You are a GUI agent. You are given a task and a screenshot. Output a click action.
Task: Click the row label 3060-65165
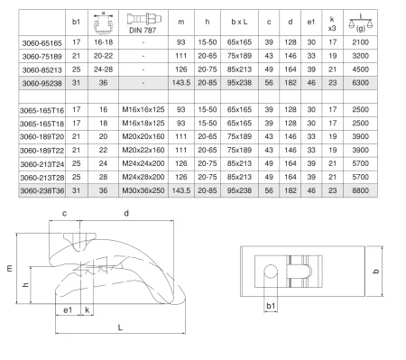click(x=42, y=43)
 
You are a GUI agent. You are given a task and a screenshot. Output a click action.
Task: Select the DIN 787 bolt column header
click(x=143, y=23)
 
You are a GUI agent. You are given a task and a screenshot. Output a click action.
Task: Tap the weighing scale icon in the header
click(x=360, y=23)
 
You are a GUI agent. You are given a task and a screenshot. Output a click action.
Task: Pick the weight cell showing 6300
click(x=360, y=83)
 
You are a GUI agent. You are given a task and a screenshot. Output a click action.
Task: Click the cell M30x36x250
click(x=143, y=190)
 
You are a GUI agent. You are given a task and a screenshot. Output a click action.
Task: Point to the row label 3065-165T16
click(x=42, y=110)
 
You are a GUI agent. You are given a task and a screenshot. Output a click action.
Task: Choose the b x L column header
click(x=239, y=22)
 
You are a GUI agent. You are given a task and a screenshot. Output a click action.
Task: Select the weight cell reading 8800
click(x=360, y=190)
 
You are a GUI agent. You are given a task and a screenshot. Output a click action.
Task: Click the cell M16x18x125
click(x=143, y=123)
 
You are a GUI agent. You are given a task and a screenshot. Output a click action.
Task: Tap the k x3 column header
click(x=332, y=23)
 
